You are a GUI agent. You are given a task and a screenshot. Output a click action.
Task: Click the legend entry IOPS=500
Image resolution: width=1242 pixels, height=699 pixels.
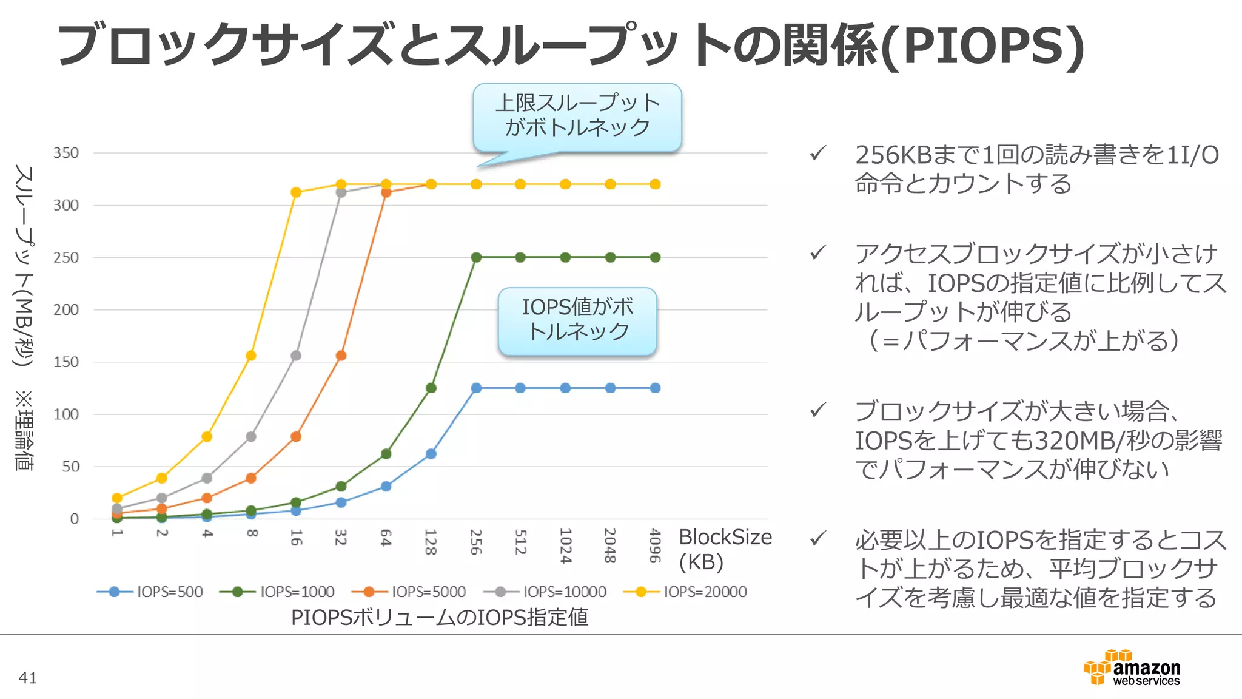coord(150,592)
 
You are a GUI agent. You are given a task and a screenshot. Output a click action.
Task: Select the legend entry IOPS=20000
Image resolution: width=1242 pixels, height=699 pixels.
coord(686,592)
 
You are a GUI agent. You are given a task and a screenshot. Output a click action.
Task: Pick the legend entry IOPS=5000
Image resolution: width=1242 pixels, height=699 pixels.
coord(409,592)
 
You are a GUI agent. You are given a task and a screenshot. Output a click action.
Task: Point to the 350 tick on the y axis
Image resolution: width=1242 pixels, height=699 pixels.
coord(66,153)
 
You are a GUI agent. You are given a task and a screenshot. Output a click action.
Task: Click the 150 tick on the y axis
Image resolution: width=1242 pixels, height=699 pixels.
coord(66,362)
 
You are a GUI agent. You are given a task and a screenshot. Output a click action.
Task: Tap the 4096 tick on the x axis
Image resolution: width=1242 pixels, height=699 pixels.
coord(654,545)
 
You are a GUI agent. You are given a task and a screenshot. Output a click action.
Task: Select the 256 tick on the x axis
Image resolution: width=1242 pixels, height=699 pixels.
coord(475,542)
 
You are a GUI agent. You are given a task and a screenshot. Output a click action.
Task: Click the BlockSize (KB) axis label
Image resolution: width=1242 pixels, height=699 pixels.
coord(724,549)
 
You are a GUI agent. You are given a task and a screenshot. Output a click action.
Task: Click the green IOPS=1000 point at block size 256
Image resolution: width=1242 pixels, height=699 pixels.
coord(476,257)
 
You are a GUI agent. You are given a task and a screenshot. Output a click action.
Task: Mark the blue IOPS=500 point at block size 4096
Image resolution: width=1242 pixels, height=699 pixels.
coord(655,388)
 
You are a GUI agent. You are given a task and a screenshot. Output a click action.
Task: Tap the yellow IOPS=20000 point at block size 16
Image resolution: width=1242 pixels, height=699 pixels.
coord(296,192)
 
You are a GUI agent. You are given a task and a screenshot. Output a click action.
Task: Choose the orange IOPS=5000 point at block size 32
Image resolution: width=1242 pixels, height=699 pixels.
coord(341,356)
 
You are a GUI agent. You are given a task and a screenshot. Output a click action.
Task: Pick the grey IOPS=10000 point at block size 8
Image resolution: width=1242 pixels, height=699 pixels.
coord(251,436)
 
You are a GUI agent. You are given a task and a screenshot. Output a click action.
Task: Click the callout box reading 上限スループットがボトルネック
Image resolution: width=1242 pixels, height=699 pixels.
coord(577,117)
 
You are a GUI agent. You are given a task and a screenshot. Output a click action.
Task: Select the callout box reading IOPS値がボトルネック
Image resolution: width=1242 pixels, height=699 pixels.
coord(577,320)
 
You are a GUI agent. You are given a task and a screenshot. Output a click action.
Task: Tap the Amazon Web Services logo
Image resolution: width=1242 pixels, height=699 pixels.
coord(1132,667)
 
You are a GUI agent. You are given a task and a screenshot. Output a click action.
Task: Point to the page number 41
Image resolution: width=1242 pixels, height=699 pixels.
coord(28,678)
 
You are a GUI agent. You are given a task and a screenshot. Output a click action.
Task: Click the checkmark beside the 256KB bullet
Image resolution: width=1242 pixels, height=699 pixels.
coord(818,154)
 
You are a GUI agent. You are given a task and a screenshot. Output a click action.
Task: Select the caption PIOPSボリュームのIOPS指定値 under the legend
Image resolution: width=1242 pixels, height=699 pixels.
coord(439,617)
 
